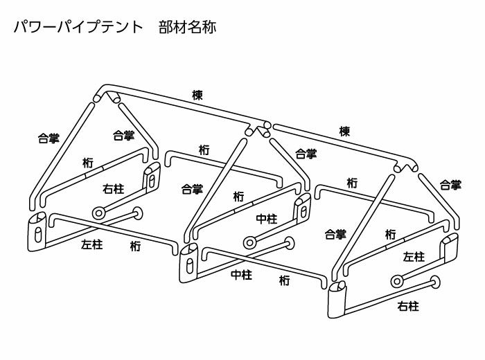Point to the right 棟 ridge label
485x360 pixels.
(344, 131)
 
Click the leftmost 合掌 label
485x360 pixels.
(48, 138)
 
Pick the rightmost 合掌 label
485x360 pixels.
(450, 185)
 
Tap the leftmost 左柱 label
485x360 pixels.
(91, 244)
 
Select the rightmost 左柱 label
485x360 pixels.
(413, 256)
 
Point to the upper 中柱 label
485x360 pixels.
(267, 219)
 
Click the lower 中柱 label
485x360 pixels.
(240, 274)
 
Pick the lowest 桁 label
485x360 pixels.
(285, 280)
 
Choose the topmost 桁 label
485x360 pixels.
(204, 149)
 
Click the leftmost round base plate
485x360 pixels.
(98, 212)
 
